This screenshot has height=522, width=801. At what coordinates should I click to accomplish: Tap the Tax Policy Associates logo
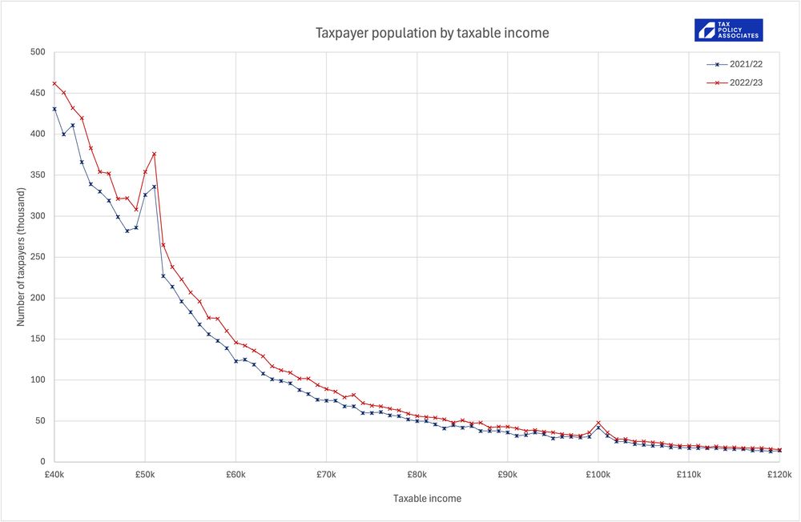[x=728, y=30]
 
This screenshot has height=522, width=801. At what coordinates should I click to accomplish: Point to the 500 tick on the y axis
[x=37, y=53]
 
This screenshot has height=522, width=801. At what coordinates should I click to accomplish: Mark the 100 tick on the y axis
[x=37, y=380]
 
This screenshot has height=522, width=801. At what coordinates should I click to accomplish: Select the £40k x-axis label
[x=54, y=475]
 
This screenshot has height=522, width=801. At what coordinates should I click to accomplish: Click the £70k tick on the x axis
[x=326, y=475]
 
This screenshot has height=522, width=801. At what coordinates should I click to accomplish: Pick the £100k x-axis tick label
[x=598, y=475]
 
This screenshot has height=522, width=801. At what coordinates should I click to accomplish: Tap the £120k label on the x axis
[x=779, y=475]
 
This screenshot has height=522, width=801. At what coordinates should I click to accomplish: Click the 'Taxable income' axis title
[x=427, y=498]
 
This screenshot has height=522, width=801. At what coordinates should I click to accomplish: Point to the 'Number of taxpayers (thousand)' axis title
[x=22, y=257]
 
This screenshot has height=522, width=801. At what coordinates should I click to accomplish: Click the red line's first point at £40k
[x=54, y=83]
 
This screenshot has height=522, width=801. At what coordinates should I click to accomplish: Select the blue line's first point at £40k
[x=54, y=109]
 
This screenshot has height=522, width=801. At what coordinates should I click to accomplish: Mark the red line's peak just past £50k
[x=154, y=154]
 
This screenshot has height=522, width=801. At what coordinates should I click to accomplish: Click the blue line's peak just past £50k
[x=154, y=187]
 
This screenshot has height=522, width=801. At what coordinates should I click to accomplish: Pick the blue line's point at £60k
[x=235, y=361]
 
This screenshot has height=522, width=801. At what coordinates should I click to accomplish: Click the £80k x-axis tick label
[x=417, y=475]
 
